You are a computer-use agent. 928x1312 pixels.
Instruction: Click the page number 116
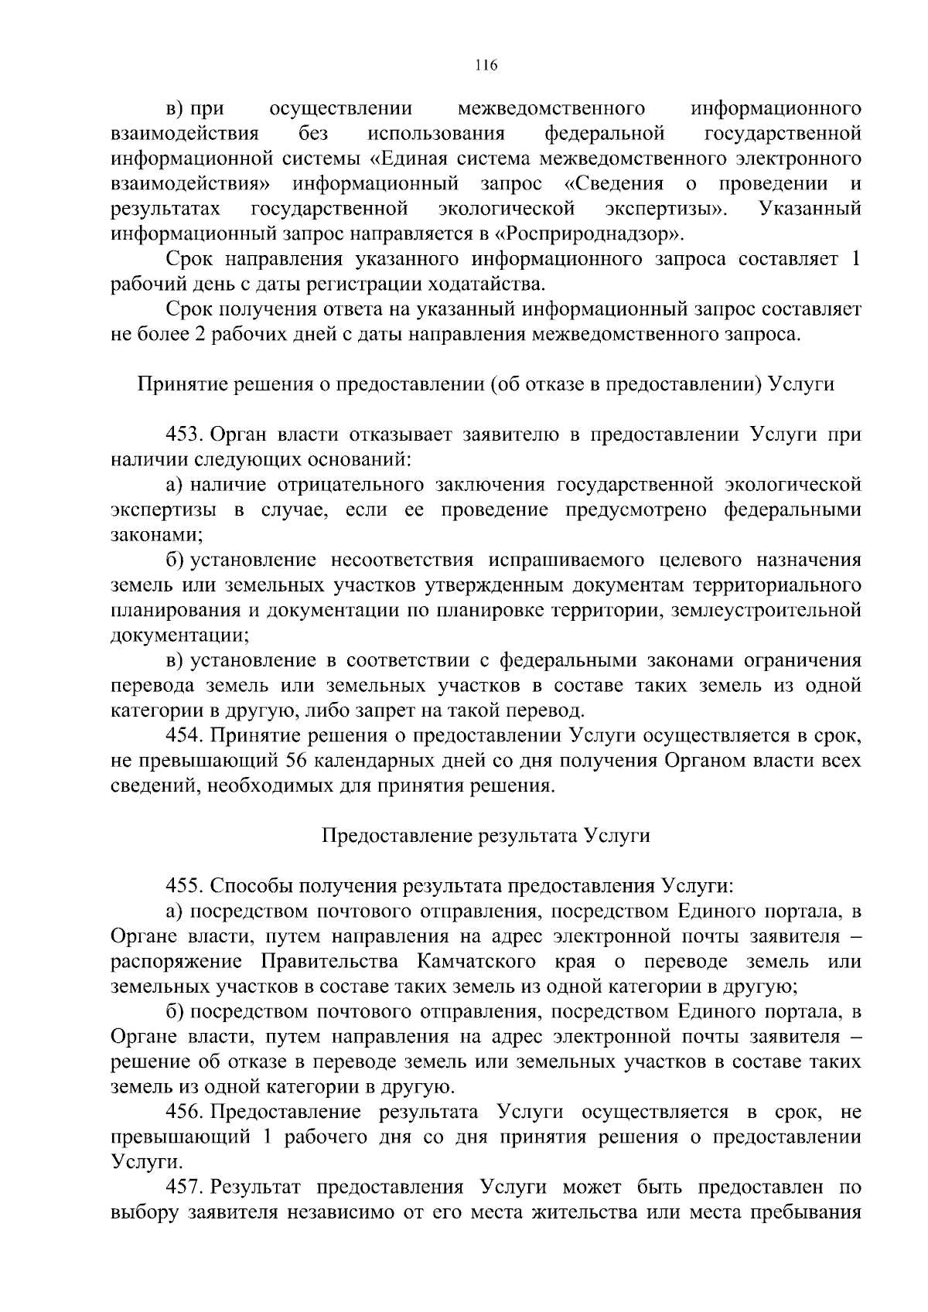point(486,65)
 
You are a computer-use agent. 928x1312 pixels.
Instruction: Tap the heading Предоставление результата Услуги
point(486,836)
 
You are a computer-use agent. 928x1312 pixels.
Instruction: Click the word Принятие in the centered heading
point(176,383)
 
